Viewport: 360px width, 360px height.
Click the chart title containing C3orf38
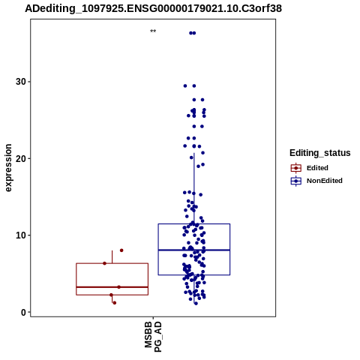coord(153,9)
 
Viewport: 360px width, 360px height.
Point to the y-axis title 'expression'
coord(8,168)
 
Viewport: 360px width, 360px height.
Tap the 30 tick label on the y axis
coord(20,82)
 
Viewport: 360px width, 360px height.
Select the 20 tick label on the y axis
coord(20,158)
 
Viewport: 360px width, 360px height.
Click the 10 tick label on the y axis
coord(20,235)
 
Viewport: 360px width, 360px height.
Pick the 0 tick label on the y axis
coord(23,312)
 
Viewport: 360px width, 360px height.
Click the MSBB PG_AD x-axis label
coord(153,337)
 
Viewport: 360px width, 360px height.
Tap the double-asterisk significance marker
coord(153,31)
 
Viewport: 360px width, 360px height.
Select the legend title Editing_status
coord(320,153)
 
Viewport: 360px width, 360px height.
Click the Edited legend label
coord(317,168)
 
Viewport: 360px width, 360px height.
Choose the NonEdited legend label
coord(325,181)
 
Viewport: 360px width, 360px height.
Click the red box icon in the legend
coord(296,168)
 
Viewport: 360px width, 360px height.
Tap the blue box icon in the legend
coord(296,181)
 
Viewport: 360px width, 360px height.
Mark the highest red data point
coord(121,250)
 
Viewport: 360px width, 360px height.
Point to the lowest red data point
coord(115,303)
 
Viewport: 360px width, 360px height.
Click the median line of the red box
coord(112,287)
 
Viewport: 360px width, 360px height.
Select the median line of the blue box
coord(194,250)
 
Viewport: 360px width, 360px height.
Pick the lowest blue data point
coord(196,304)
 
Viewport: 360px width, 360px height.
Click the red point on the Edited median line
coord(119,287)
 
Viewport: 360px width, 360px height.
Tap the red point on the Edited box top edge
coord(104,263)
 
